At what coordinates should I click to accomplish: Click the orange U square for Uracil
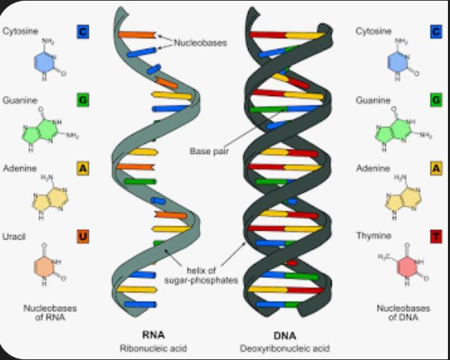coord(83,237)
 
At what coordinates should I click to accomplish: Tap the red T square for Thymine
coord(436,237)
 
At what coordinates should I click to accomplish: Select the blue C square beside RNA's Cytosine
coord(83,32)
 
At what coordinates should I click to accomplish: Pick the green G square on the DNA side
coord(436,100)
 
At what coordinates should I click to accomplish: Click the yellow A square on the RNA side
coord(83,169)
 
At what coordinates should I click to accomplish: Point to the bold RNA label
coord(154,334)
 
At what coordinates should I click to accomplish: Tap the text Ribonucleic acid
coord(154,347)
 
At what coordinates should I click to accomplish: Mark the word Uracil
coord(14,237)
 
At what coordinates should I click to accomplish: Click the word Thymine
coord(372,237)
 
